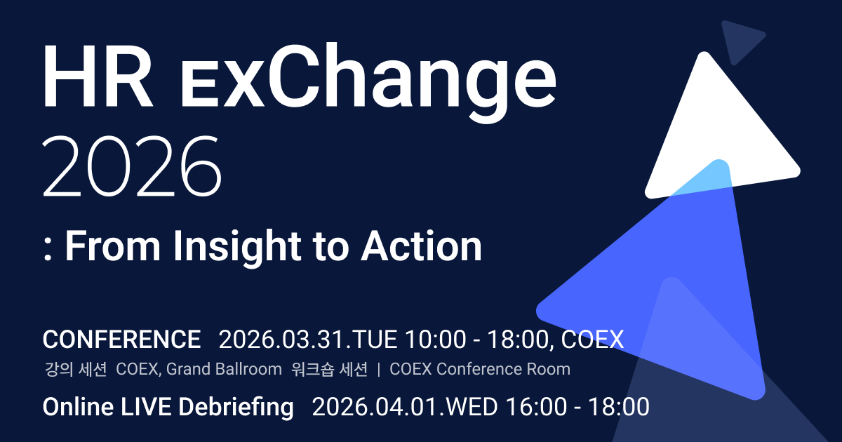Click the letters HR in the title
[x=98, y=76]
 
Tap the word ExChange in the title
[x=368, y=83]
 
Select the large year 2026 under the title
[x=132, y=166]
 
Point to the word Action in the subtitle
[x=421, y=246]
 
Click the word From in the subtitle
[x=113, y=246]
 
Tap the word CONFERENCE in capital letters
[x=121, y=340]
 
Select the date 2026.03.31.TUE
[x=307, y=340]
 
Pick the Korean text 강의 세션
[x=76, y=369]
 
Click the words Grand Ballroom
[x=224, y=369]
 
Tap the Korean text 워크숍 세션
[x=329, y=369]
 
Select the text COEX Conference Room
[x=480, y=369]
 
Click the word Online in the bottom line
[x=78, y=407]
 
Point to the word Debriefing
[x=236, y=408]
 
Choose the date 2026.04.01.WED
[x=405, y=407]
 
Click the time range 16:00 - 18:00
[x=577, y=407]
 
